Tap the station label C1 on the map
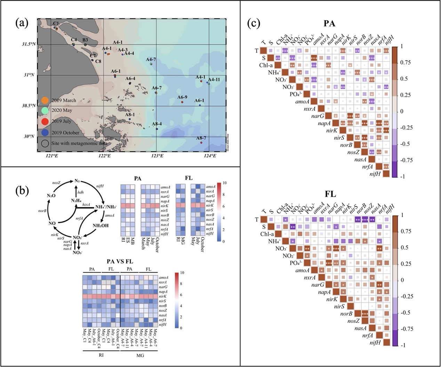56,23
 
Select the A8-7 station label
201,138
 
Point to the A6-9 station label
182,97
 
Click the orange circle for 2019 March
45,100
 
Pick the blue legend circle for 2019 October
45,132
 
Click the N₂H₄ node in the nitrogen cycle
76,201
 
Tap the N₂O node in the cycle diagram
51,196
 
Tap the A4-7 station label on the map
151,60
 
